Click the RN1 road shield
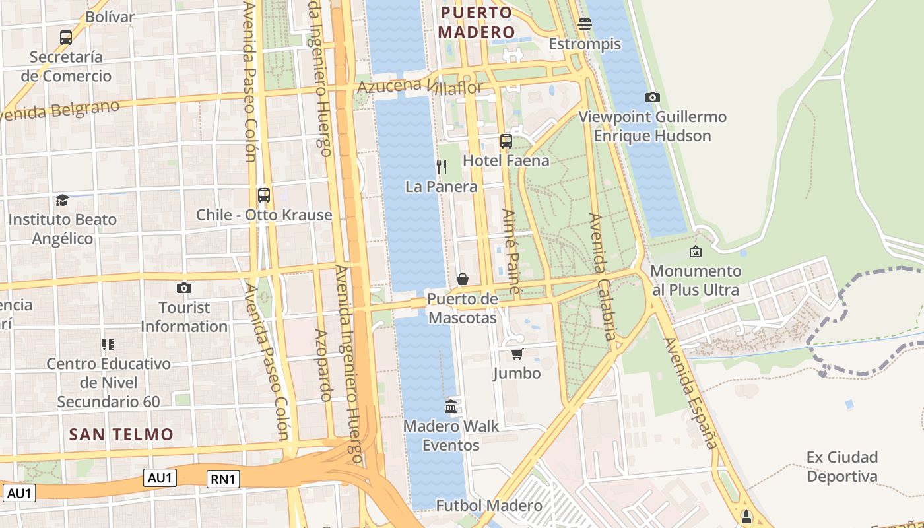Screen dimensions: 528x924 (224, 479)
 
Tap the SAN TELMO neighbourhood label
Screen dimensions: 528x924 (121, 434)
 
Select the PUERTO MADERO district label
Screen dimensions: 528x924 (477, 22)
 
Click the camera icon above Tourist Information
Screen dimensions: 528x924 (184, 288)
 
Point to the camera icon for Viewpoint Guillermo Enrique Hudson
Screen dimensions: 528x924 (653, 97)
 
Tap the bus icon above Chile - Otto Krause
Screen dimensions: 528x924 (264, 195)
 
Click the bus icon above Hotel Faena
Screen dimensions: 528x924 (506, 141)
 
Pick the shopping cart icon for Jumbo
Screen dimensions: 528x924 (517, 354)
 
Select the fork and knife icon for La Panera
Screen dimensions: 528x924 (442, 166)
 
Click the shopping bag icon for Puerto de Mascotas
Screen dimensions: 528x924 (462, 279)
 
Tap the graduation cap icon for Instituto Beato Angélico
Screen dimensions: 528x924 (62, 199)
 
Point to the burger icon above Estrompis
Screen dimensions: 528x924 (584, 24)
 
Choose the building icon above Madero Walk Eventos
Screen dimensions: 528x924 (451, 406)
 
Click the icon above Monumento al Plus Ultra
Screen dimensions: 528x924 (696, 251)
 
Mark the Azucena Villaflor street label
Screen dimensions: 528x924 (420, 86)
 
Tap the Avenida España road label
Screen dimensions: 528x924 (690, 393)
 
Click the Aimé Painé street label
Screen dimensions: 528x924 (511, 251)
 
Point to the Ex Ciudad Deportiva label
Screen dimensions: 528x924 (842, 467)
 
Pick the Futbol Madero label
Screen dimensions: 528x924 (489, 506)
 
